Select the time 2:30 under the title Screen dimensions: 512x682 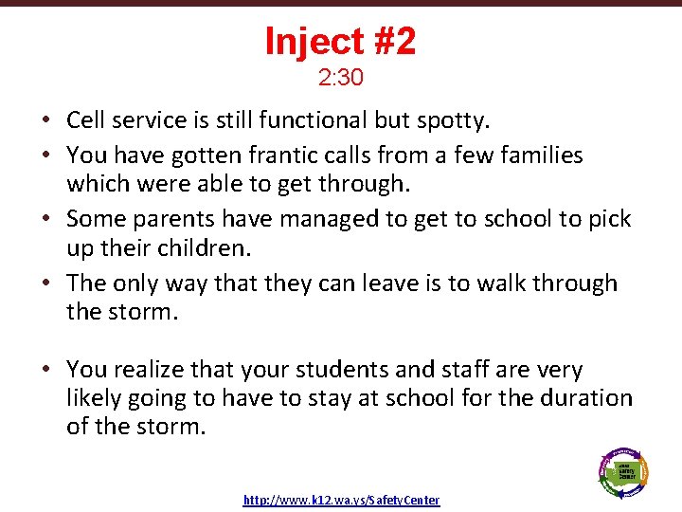[340, 78]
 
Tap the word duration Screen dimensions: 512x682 [583, 397]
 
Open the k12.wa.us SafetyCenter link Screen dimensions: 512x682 [341, 500]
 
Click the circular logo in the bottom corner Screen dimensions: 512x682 [622, 470]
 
